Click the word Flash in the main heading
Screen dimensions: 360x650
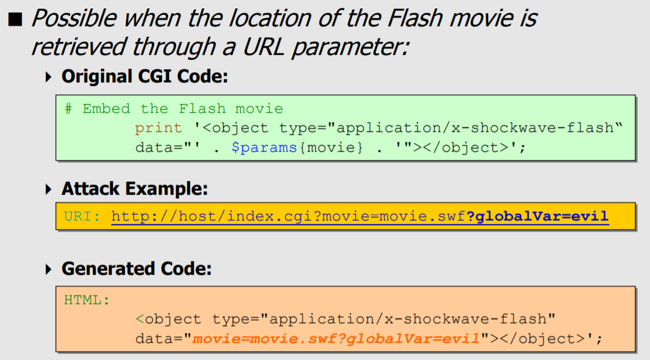[x=411, y=19]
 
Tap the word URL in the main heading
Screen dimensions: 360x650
[x=261, y=47]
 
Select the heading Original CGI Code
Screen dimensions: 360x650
[x=145, y=77]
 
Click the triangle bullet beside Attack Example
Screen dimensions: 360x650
[x=49, y=190]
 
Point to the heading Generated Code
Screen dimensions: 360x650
[x=136, y=269]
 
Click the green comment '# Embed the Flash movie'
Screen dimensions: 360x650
[x=174, y=109]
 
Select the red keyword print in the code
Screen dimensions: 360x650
[x=158, y=128]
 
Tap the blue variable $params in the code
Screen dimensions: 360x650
[x=264, y=147]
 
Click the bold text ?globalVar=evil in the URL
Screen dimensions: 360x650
[x=537, y=216]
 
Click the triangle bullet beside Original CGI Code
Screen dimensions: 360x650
[x=49, y=78]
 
